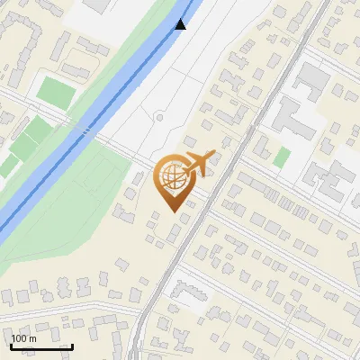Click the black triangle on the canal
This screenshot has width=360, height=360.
click(x=181, y=23)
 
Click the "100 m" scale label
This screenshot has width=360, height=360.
click(x=24, y=337)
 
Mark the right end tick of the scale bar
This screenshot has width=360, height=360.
click(x=72, y=344)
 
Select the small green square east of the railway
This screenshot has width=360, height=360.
click(x=282, y=157)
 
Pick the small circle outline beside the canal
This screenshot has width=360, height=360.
click(x=158, y=118)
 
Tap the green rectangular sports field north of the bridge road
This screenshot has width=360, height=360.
click(x=57, y=91)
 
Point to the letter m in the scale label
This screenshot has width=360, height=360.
click(x=31, y=337)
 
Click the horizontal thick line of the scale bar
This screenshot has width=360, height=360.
click(x=40, y=346)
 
